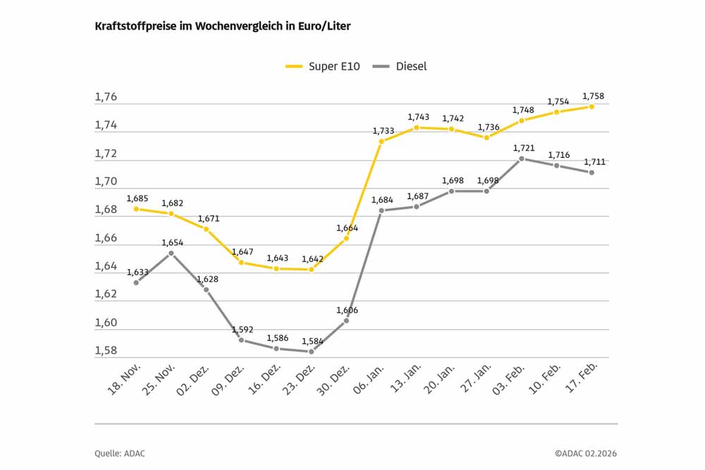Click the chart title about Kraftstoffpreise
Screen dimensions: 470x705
coord(222,26)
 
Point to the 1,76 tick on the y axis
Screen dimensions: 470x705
coord(106,98)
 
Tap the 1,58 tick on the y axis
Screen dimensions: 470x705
coord(106,351)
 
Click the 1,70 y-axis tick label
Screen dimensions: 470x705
coord(106,182)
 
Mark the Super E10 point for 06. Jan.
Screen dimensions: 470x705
coord(381,142)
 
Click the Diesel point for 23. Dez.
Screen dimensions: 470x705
coord(311,352)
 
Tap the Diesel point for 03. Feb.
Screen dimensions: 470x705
coord(522,159)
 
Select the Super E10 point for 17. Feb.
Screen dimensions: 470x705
coord(591,106)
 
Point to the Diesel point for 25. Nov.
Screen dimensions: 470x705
coord(171,253)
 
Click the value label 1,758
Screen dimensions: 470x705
coord(593,96)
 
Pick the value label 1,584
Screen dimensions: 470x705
coord(312,341)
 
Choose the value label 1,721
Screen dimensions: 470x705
coord(522,148)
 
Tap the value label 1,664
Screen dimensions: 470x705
coord(346,228)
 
